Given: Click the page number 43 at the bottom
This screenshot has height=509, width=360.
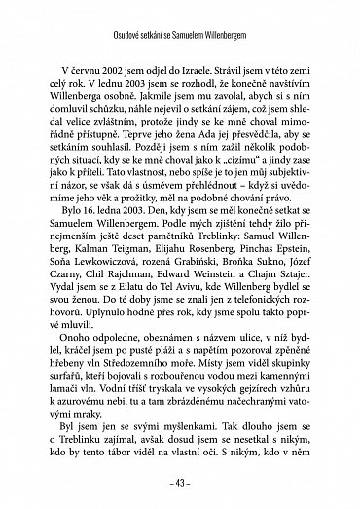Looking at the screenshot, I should point(180,485).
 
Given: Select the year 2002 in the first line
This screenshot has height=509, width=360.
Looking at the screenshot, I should point(121,76).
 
